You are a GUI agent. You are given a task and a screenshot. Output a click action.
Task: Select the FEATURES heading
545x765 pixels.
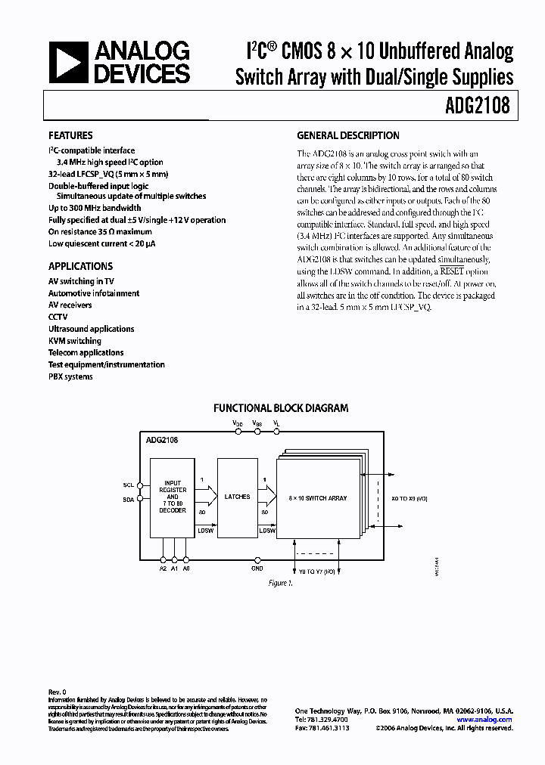point(70,136)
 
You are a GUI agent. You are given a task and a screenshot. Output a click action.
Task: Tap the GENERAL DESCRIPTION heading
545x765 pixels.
point(348,136)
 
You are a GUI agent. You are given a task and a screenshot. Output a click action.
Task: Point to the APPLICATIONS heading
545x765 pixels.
point(80,266)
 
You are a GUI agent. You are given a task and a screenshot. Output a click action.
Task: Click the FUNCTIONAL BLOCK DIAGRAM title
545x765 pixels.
point(280,408)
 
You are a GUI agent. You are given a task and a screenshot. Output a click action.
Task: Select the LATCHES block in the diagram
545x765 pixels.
point(237,497)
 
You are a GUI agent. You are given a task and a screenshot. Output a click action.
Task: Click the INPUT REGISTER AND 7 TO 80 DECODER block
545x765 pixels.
point(173,497)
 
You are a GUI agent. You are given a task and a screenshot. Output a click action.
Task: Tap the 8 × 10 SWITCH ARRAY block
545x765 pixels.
point(319,497)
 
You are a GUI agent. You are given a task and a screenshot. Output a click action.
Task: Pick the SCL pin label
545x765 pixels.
point(128,485)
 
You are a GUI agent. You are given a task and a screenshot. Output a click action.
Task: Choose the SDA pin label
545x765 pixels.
point(128,500)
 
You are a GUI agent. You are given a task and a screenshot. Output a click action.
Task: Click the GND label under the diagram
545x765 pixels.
point(257,568)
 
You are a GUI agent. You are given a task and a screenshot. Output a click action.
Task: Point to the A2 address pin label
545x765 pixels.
point(163,568)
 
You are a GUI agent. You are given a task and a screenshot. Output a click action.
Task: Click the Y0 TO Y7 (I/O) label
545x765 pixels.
point(316,572)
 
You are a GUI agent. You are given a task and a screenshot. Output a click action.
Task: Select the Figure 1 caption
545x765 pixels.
point(279,584)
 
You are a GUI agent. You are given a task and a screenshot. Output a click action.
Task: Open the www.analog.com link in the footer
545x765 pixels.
point(484,720)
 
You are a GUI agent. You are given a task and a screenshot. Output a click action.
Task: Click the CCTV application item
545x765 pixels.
point(58,317)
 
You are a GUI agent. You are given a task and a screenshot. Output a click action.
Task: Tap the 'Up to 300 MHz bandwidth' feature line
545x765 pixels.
point(95,208)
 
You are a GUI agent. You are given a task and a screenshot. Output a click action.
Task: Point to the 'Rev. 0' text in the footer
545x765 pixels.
point(58,692)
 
